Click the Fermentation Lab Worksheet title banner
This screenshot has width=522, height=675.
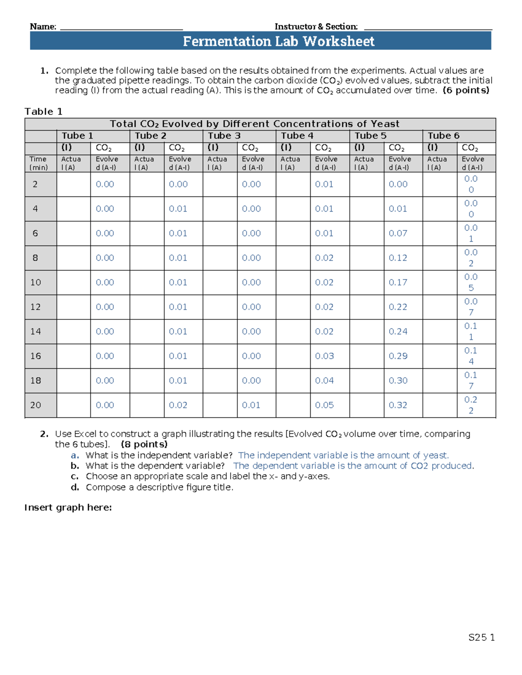(x=278, y=41)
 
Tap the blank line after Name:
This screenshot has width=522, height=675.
(x=121, y=27)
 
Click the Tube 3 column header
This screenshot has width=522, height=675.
(x=224, y=136)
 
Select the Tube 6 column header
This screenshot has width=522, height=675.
(x=443, y=136)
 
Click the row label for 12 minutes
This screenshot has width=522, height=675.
(x=36, y=307)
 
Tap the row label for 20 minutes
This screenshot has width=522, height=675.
(x=36, y=405)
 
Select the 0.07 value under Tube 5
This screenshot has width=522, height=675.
(x=398, y=233)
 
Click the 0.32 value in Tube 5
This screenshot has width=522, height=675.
(x=398, y=405)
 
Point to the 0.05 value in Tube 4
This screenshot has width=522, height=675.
(x=325, y=405)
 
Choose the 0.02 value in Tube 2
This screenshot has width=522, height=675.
(x=178, y=405)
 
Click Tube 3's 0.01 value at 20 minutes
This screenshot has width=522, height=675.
(x=251, y=405)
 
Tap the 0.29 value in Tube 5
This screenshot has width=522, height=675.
(x=398, y=356)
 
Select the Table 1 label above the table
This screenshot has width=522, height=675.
(x=43, y=112)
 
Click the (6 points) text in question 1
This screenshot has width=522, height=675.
(x=465, y=90)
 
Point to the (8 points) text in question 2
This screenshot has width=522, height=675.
(x=144, y=444)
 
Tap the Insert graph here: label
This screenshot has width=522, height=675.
(x=68, y=508)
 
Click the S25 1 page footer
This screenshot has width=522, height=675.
(x=481, y=638)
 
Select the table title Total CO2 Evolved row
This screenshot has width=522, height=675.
(x=254, y=124)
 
